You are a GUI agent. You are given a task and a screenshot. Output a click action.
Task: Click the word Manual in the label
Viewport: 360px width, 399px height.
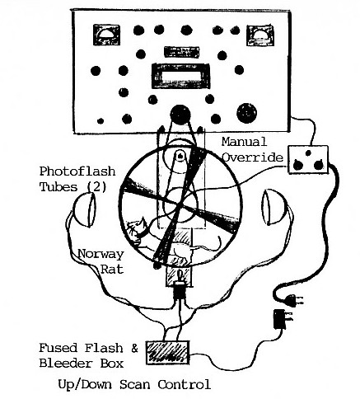point(244,142)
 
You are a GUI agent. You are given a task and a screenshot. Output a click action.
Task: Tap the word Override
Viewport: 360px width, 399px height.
point(252,157)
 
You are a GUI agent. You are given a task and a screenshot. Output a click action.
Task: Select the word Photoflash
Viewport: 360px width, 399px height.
point(77,171)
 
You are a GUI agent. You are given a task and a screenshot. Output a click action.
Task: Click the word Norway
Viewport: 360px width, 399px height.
point(101,254)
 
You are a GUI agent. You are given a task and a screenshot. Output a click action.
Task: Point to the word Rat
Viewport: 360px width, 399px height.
point(112,269)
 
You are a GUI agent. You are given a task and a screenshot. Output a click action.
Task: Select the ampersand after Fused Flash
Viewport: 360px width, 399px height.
point(134,348)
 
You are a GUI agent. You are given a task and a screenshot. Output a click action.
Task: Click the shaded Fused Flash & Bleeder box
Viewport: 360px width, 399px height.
point(167,353)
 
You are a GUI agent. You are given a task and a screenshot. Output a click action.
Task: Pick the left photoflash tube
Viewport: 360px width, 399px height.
point(85,209)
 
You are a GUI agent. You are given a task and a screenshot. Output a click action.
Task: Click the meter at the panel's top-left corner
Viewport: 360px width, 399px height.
point(106,35)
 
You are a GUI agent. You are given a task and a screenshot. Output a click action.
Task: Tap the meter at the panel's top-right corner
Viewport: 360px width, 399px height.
point(260,35)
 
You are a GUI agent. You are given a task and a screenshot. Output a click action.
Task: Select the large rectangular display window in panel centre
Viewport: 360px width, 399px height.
point(180,76)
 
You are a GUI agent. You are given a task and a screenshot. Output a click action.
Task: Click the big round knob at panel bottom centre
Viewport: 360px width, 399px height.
point(180,114)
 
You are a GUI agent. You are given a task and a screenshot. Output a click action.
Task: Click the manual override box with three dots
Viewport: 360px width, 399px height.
point(308,159)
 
